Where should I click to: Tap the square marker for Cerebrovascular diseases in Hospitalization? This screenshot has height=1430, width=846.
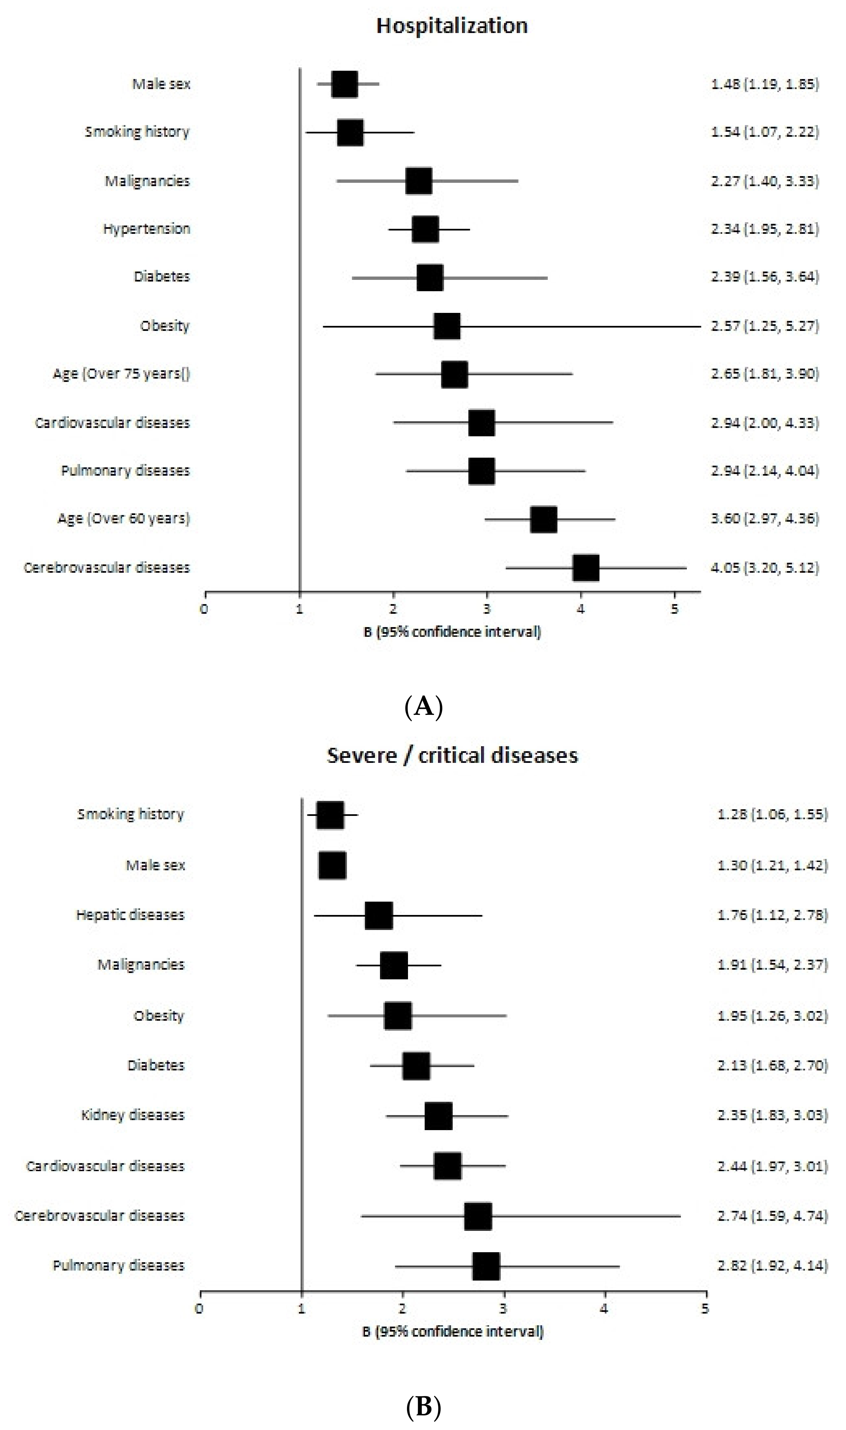585,568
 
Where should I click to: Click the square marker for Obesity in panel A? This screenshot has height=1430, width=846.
446,326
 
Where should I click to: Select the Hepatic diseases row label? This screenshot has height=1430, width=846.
130,915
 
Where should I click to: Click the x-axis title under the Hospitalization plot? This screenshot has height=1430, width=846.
451,631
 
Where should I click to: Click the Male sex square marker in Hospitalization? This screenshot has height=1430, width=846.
344,84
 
